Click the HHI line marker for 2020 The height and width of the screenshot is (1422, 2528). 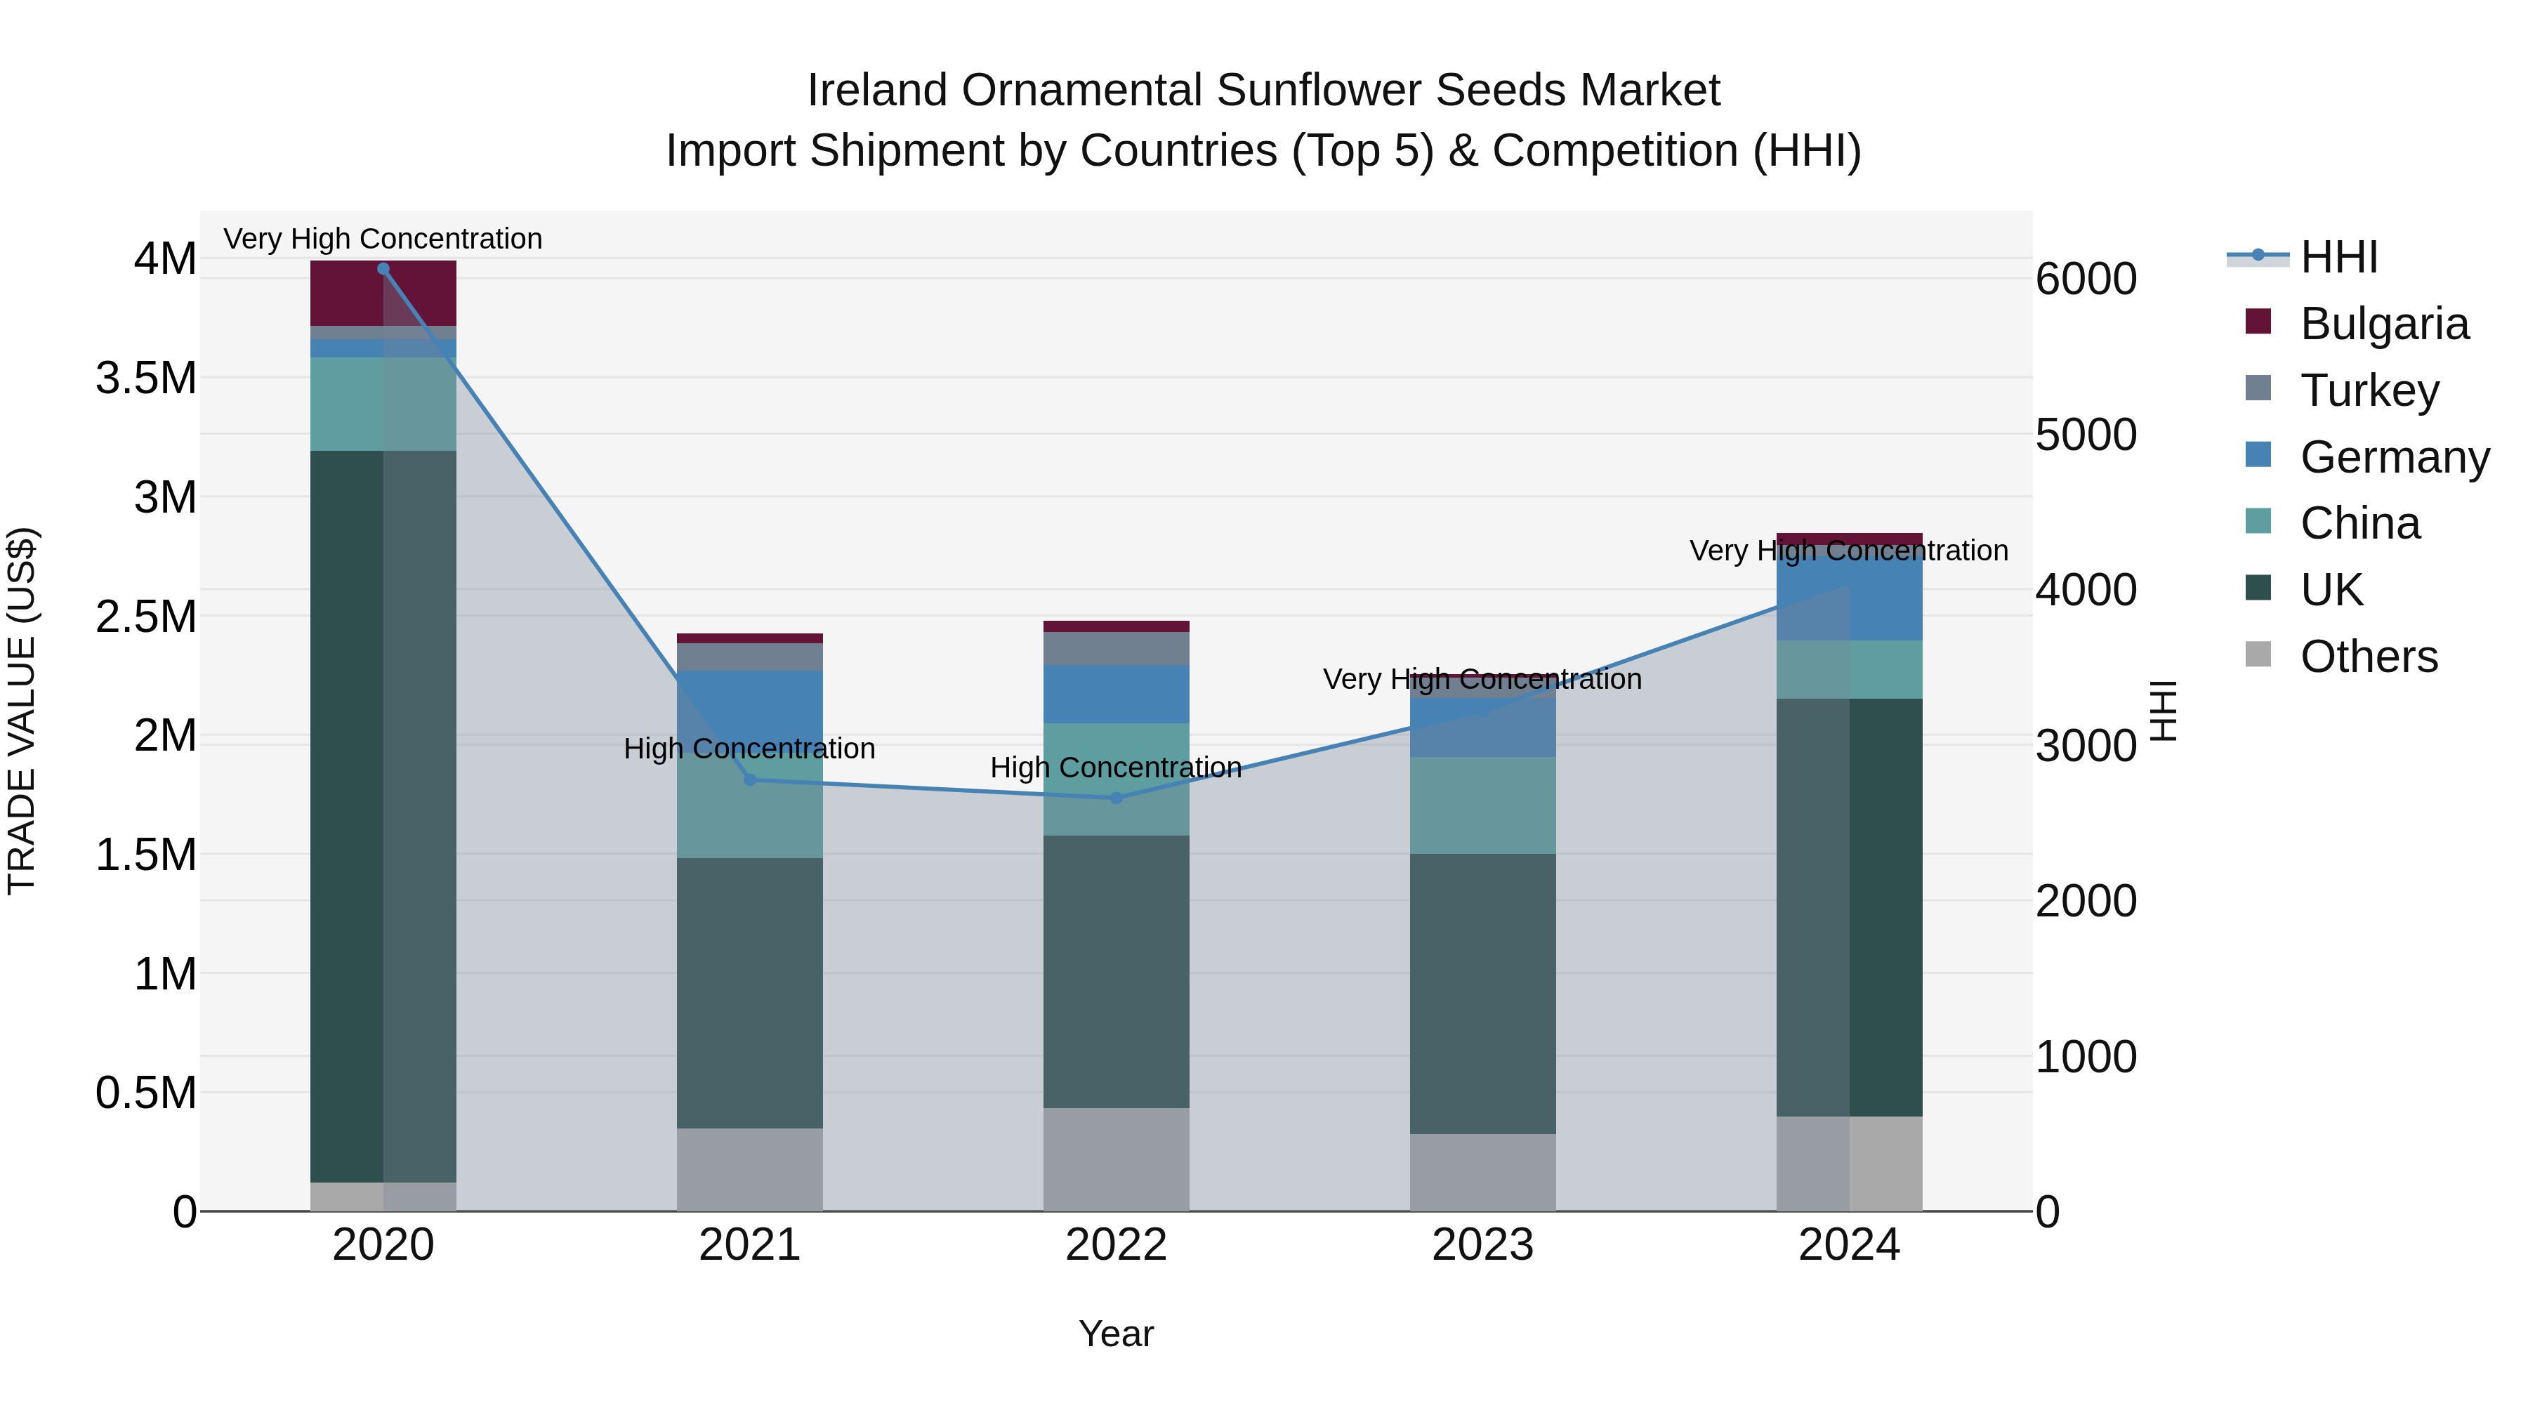pyautogui.click(x=383, y=268)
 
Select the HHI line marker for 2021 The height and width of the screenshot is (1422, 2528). pyautogui.click(x=750, y=780)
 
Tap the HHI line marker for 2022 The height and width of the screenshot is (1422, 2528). pyautogui.click(x=1116, y=798)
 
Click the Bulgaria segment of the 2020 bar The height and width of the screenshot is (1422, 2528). pyautogui.click(x=383, y=292)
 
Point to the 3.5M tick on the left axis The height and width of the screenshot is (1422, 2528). pyautogui.click(x=146, y=378)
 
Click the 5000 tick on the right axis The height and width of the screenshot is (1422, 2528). pyautogui.click(x=2086, y=434)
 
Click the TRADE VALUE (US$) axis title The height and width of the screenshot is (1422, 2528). pyautogui.click(x=22, y=711)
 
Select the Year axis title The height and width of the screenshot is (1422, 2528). pyautogui.click(x=1116, y=1334)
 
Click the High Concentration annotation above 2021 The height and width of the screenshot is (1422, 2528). pyautogui.click(x=750, y=749)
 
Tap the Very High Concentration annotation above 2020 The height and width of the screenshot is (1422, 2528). pyautogui.click(x=383, y=239)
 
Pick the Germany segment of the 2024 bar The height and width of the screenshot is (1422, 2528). pyautogui.click(x=1849, y=598)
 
